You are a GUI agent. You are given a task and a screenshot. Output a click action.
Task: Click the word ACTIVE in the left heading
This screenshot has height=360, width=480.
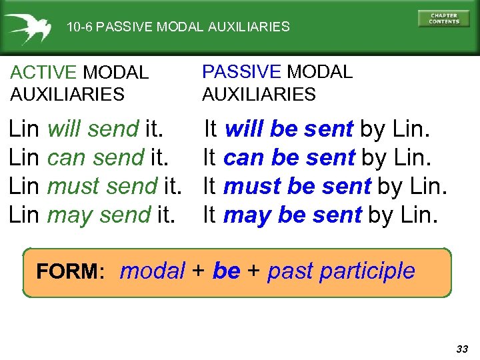coord(44,72)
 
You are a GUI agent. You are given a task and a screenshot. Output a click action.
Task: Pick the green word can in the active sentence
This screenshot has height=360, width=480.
coord(67,157)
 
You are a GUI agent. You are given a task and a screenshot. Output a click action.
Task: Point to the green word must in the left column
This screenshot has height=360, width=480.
coord(69,186)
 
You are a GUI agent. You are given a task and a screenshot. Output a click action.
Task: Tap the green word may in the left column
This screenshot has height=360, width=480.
coord(66,215)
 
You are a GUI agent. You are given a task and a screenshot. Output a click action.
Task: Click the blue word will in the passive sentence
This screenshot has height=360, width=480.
coord(245,129)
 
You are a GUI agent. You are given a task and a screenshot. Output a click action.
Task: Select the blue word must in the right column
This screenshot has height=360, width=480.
coord(252,186)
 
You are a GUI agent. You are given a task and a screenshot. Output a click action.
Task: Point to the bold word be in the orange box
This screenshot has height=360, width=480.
coord(226,271)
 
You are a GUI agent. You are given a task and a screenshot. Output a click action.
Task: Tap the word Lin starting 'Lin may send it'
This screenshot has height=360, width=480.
coord(24,215)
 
